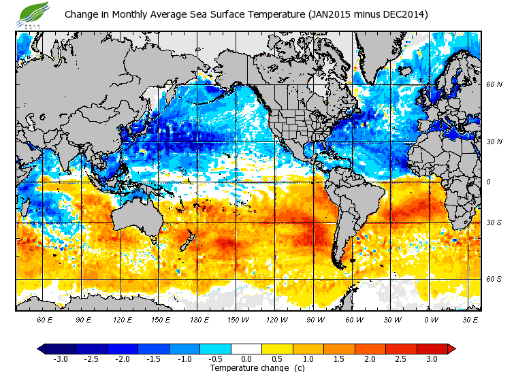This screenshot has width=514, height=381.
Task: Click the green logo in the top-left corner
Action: coord(35,12)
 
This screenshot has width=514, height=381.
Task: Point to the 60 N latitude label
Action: coord(494,84)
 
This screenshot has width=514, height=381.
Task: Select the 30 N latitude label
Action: coord(494,142)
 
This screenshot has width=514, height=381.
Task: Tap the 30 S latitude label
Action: coord(494,223)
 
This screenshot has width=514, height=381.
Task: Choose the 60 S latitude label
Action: coord(494,279)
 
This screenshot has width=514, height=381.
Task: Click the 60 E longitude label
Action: coord(44,319)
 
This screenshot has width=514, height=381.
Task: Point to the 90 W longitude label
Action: coord(316,319)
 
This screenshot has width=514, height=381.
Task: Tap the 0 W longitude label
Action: coord(432,319)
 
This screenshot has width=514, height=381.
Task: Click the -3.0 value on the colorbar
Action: coord(60,359)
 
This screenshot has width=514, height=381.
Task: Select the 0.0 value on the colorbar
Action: coord(246,359)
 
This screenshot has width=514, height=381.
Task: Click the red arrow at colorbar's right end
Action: coord(451,348)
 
